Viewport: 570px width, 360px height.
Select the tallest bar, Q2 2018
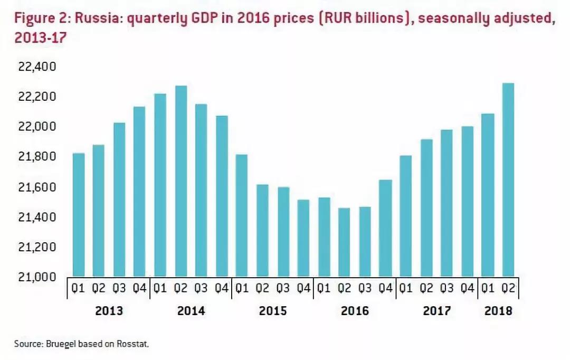point(508,179)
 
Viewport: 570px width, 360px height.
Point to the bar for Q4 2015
point(303,238)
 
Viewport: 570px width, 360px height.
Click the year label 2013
point(109,311)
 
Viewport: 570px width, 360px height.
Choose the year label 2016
point(355,311)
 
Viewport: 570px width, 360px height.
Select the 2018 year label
point(498,311)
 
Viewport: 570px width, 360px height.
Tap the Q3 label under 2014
point(201,289)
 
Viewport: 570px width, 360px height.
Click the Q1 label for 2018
point(488,289)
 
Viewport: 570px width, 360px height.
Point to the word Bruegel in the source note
point(61,344)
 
